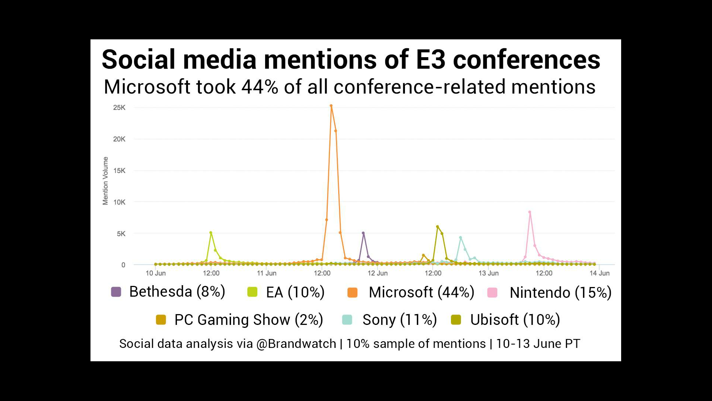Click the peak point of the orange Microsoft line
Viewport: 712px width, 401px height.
coord(331,106)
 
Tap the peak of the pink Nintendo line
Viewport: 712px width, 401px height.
coord(530,212)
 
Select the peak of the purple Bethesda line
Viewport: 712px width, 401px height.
coord(363,233)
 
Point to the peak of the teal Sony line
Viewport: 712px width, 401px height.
coord(460,238)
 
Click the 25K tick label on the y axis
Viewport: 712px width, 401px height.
coord(119,108)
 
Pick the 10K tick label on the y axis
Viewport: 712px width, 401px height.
coord(119,202)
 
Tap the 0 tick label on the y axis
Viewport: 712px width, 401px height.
coord(123,265)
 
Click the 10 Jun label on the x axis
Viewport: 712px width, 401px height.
coord(156,273)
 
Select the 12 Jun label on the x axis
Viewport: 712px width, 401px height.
coord(378,273)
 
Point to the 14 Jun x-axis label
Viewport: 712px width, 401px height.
coord(600,273)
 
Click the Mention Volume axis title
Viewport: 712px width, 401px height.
coord(106,181)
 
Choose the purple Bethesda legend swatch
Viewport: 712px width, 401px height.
coord(116,292)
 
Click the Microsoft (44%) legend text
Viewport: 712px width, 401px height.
coord(421,292)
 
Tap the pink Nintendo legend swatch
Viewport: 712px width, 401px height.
coord(492,293)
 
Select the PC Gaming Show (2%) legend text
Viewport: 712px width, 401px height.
coord(249,320)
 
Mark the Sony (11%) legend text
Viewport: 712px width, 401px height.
coord(400,320)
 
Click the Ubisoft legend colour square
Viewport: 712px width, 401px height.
coord(456,320)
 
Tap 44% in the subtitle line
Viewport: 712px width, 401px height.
coord(260,87)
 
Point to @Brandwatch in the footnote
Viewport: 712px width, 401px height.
coord(296,344)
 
